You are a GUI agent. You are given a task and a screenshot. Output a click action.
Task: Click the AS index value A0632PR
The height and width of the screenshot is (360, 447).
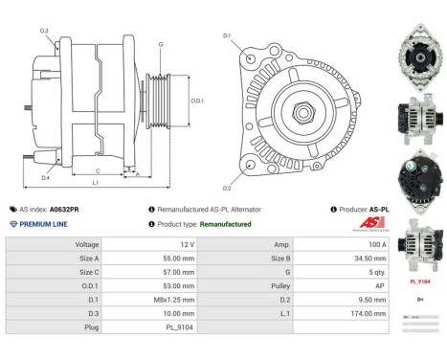point(64,208)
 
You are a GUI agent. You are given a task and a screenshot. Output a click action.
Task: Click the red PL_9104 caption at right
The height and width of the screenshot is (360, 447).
point(420,282)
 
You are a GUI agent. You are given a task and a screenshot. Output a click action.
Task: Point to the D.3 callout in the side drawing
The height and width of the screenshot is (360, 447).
point(44,32)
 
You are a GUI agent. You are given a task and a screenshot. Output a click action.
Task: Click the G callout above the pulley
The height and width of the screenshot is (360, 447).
point(160,44)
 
